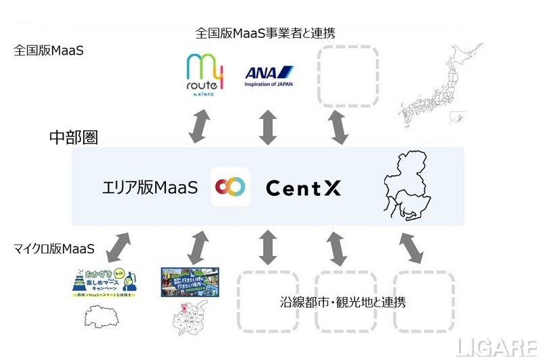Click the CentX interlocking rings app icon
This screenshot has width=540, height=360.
point(230,187)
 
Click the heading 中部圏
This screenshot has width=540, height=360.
point(74,138)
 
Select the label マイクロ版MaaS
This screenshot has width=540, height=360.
point(54,249)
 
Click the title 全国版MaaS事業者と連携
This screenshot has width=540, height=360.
point(265,32)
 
